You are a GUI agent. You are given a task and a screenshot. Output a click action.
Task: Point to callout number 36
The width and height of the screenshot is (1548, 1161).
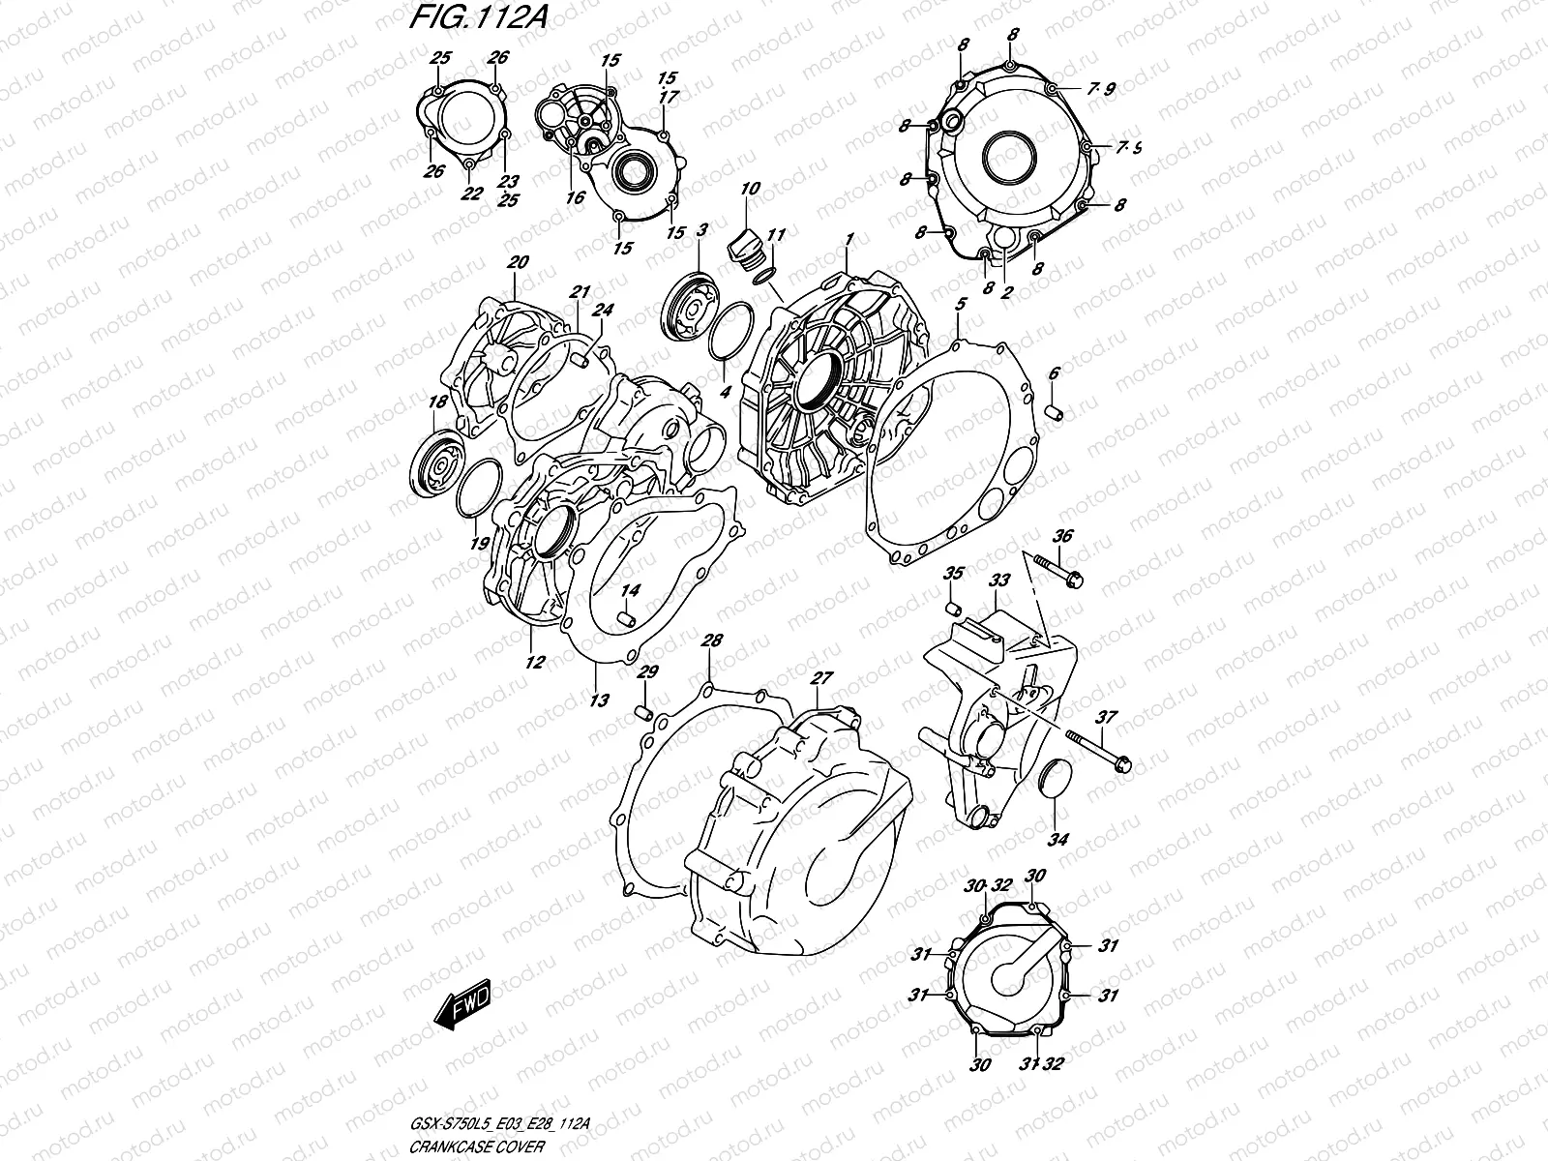[1062, 536]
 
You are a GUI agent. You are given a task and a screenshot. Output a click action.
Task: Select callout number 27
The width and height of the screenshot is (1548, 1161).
[821, 677]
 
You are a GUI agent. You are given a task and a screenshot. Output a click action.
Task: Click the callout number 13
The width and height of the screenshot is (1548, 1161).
[599, 700]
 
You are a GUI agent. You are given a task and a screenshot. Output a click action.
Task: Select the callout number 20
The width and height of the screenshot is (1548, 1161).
[518, 261]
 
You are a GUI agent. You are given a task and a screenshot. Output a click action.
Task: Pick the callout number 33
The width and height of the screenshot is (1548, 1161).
[998, 580]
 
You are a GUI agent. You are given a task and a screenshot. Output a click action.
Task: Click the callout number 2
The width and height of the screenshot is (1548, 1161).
[1006, 293]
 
